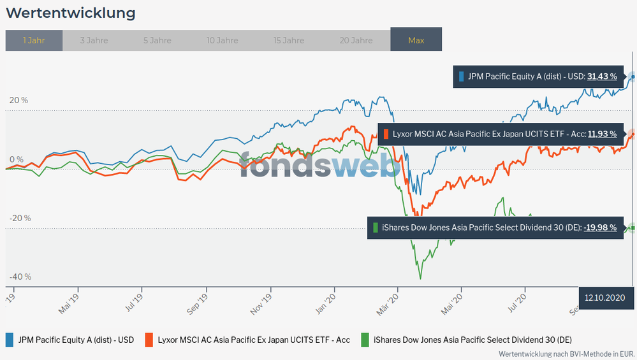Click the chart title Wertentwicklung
[71, 13]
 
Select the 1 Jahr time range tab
[34, 40]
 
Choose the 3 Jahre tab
[94, 40]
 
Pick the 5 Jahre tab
[157, 40]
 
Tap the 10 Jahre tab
[223, 40]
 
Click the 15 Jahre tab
[289, 40]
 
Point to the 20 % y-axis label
[19, 100]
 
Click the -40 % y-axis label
[20, 277]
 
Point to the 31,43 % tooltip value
[602, 76]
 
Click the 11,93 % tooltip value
[602, 134]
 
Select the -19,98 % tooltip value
[600, 227]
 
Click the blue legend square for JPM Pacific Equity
[10, 340]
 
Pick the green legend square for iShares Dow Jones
[365, 340]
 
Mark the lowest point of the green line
[420, 278]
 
